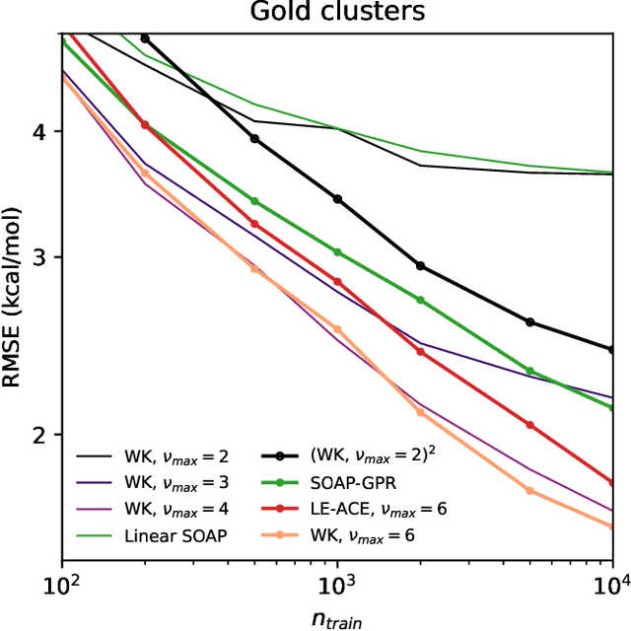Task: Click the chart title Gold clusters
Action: click(x=337, y=13)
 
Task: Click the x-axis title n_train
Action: click(x=337, y=618)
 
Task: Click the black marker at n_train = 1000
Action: click(x=337, y=199)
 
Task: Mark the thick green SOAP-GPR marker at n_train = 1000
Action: click(x=337, y=252)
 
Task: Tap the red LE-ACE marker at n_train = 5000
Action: click(x=529, y=425)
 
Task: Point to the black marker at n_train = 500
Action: click(x=254, y=139)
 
